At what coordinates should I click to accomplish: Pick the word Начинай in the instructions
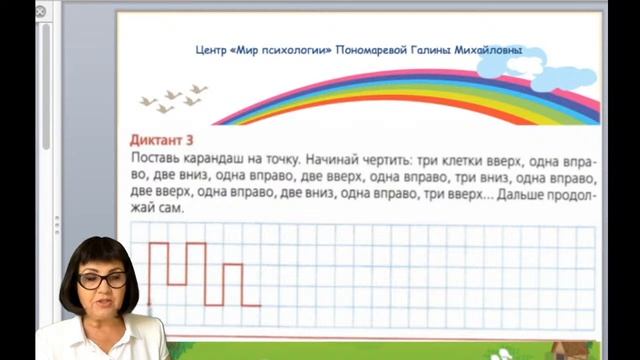coord(332,159)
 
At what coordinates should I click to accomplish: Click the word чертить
coord(391,159)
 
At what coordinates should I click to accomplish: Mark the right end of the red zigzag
coord(261,304)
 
